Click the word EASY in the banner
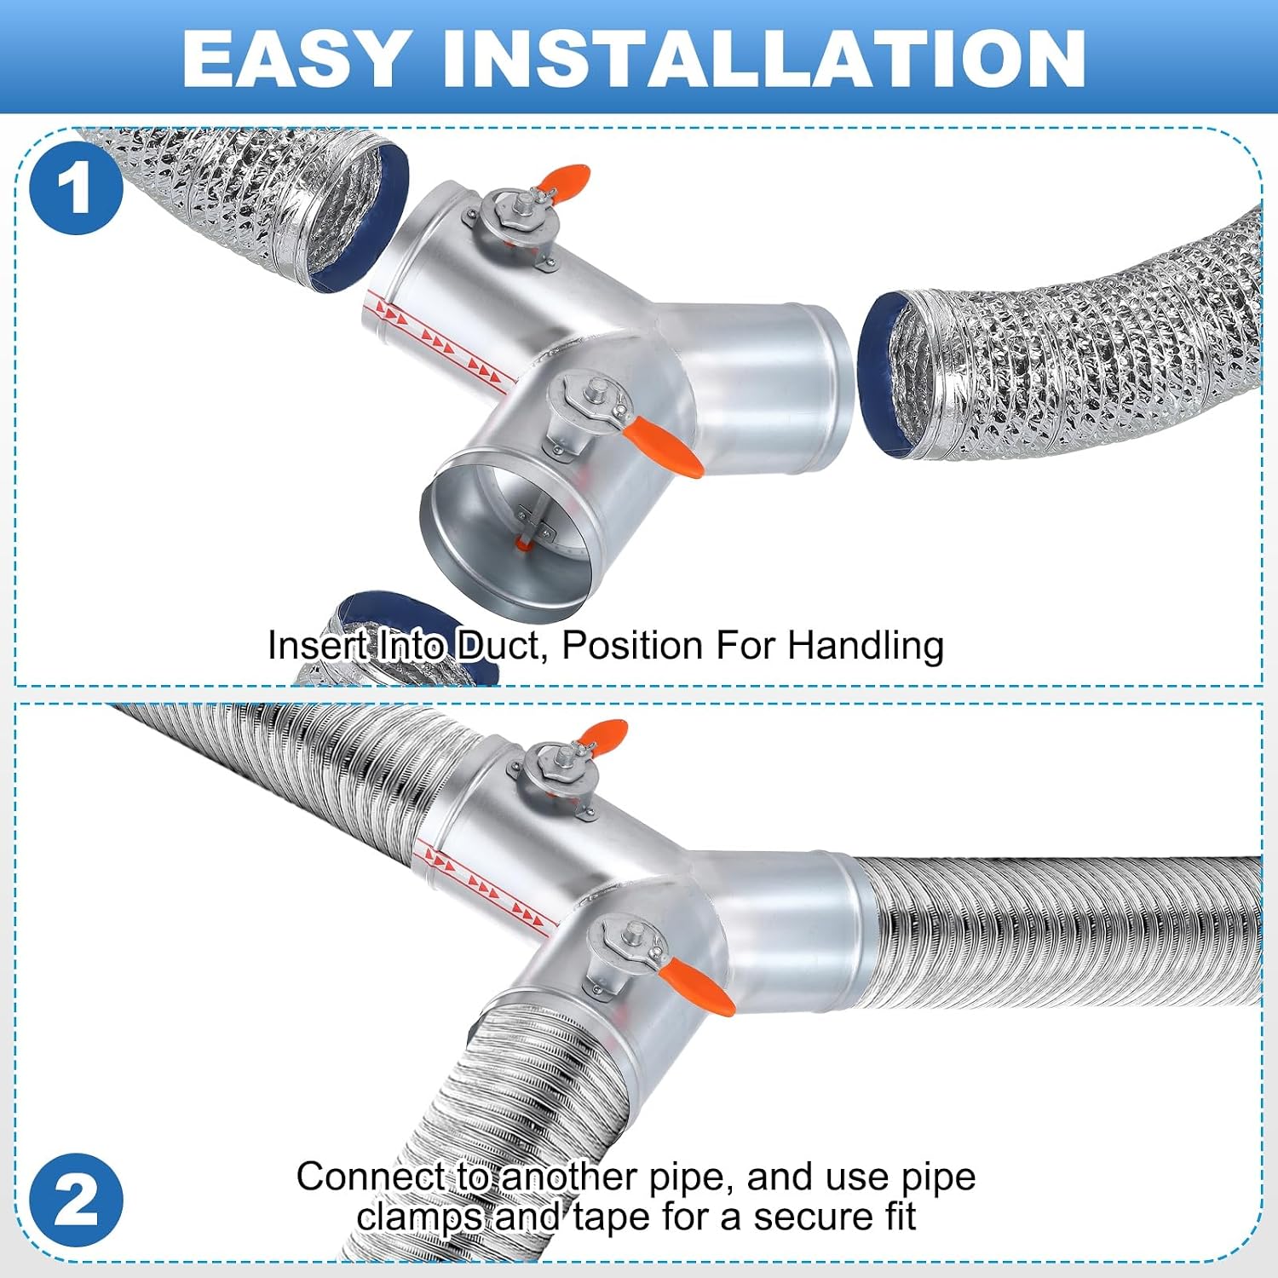pyautogui.click(x=294, y=58)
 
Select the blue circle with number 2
pyautogui.click(x=76, y=1200)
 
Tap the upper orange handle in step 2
pyautogui.click(x=602, y=733)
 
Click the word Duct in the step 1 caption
pyautogui.click(x=500, y=645)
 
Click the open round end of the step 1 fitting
pyautogui.click(x=504, y=534)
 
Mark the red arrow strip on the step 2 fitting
pyautogui.click(x=486, y=886)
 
